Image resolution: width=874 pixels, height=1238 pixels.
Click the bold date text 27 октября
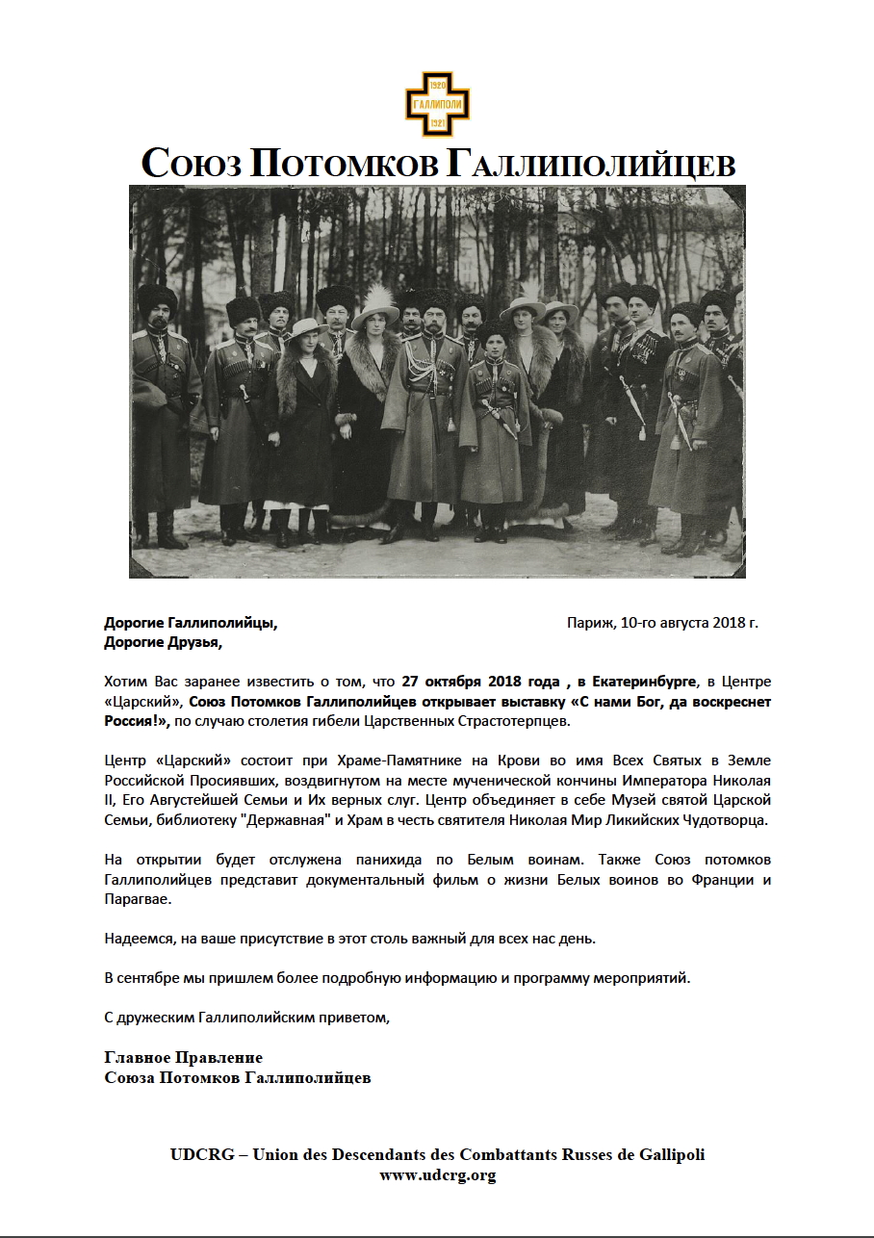[x=448, y=682]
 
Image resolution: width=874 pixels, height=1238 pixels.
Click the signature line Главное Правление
[x=183, y=1058]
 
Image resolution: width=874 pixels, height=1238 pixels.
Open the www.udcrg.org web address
[x=437, y=1174]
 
